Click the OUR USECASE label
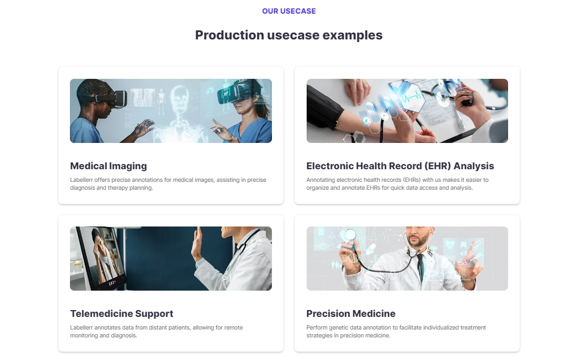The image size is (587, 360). [x=289, y=11]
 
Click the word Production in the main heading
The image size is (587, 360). [x=229, y=35]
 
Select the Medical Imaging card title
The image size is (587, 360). [x=108, y=166]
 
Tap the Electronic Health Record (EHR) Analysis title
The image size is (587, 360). [x=400, y=166]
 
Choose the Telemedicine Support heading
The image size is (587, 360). [x=122, y=314]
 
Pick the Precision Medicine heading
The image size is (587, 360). [x=351, y=314]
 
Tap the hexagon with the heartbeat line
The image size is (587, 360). [x=411, y=98]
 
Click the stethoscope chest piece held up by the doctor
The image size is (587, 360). [x=350, y=235]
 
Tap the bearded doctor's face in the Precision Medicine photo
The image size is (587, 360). [x=418, y=237]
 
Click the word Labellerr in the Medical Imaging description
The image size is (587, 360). [x=81, y=180]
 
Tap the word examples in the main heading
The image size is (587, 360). [x=352, y=35]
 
